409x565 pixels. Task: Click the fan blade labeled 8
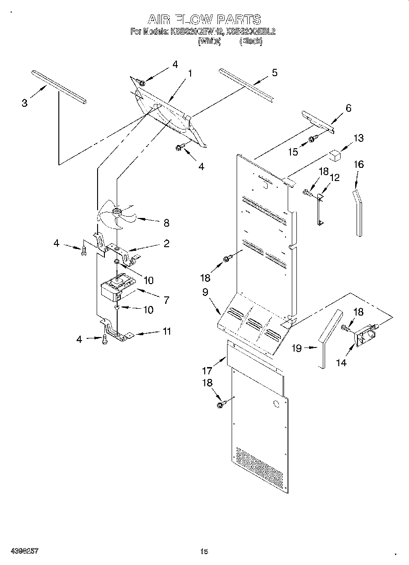coord(118,214)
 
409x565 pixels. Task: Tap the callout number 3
coord(25,103)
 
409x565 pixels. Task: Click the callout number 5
coord(274,73)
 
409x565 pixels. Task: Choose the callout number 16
coord(359,164)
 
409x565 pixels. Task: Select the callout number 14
coord(341,362)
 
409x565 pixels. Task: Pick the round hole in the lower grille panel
coord(275,404)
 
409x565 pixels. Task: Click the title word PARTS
coord(238,19)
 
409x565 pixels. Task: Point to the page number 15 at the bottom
coord(204,551)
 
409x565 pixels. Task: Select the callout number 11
coord(167,331)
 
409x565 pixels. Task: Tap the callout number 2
coord(166,244)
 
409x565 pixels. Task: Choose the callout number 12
coord(335,177)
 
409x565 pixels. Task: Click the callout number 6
coord(348,108)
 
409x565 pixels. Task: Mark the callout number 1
coord(190,73)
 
